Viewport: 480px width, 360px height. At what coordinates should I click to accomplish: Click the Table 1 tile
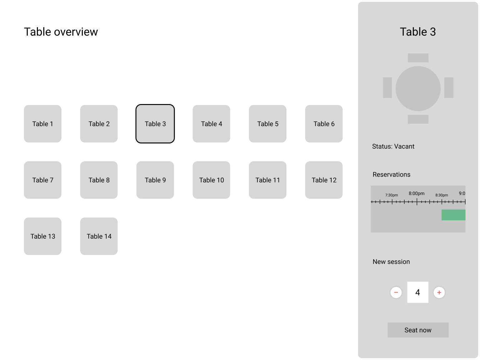(42, 124)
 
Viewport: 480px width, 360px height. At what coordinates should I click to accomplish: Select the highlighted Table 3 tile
(155, 124)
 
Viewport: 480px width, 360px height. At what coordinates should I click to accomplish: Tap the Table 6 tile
(324, 124)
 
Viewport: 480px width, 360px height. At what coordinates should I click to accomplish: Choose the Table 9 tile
(155, 180)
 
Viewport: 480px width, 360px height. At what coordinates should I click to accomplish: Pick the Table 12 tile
(324, 180)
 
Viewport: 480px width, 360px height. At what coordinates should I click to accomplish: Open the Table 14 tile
(99, 236)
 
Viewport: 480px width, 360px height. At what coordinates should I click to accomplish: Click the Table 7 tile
(42, 180)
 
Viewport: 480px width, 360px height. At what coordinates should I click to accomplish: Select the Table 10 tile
(211, 180)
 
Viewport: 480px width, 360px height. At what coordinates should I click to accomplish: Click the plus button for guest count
(439, 292)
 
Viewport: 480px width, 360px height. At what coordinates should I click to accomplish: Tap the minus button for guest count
(396, 292)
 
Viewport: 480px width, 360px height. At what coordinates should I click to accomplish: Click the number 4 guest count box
(417, 292)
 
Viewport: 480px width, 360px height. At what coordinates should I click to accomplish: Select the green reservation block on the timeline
(453, 215)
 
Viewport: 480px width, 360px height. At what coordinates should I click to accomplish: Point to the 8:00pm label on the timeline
(417, 193)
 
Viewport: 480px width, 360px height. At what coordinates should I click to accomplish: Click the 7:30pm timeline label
(391, 195)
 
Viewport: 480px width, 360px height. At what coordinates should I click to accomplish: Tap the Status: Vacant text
(393, 146)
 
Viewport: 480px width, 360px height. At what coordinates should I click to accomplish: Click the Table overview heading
(61, 32)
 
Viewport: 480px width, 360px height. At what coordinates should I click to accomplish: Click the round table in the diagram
(418, 88)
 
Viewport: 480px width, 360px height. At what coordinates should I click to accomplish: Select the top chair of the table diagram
(418, 58)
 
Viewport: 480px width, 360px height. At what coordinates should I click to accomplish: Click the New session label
(391, 262)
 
